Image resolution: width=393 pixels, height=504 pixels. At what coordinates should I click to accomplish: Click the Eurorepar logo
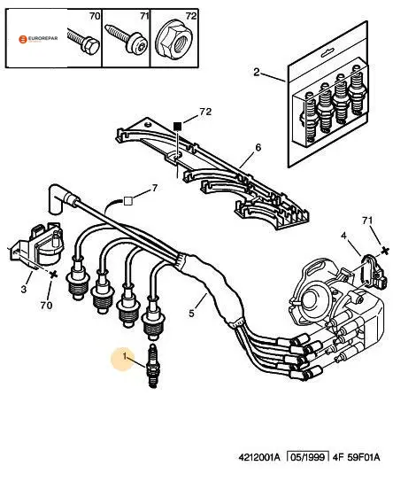[38, 39]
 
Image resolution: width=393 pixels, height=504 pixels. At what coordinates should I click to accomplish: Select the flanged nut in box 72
[173, 39]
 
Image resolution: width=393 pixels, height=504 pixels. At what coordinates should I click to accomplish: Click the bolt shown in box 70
[83, 41]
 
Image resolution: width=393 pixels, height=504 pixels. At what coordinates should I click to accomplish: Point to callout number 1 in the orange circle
[125, 356]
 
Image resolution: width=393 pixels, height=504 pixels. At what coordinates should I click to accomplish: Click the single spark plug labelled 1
[153, 366]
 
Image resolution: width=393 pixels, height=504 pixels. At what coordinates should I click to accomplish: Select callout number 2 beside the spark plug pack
[256, 72]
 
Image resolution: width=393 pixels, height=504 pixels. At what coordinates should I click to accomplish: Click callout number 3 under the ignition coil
[23, 290]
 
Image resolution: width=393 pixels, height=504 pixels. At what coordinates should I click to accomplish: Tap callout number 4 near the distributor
[343, 236]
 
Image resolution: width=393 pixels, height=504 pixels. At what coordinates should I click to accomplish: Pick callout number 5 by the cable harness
[191, 313]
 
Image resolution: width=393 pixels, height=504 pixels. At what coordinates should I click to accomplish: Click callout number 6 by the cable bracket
[258, 148]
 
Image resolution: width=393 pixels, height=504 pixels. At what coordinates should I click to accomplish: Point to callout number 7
[155, 188]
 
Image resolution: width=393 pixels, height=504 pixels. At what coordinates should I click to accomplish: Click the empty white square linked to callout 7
[128, 201]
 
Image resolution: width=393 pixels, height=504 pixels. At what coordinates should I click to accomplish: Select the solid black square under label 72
[177, 127]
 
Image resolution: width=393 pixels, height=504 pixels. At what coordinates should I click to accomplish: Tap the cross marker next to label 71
[385, 250]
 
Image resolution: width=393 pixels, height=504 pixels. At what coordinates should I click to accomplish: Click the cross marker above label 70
[54, 275]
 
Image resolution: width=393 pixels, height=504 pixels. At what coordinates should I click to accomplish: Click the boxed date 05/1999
[308, 457]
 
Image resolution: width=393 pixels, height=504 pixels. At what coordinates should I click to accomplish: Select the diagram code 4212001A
[259, 457]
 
